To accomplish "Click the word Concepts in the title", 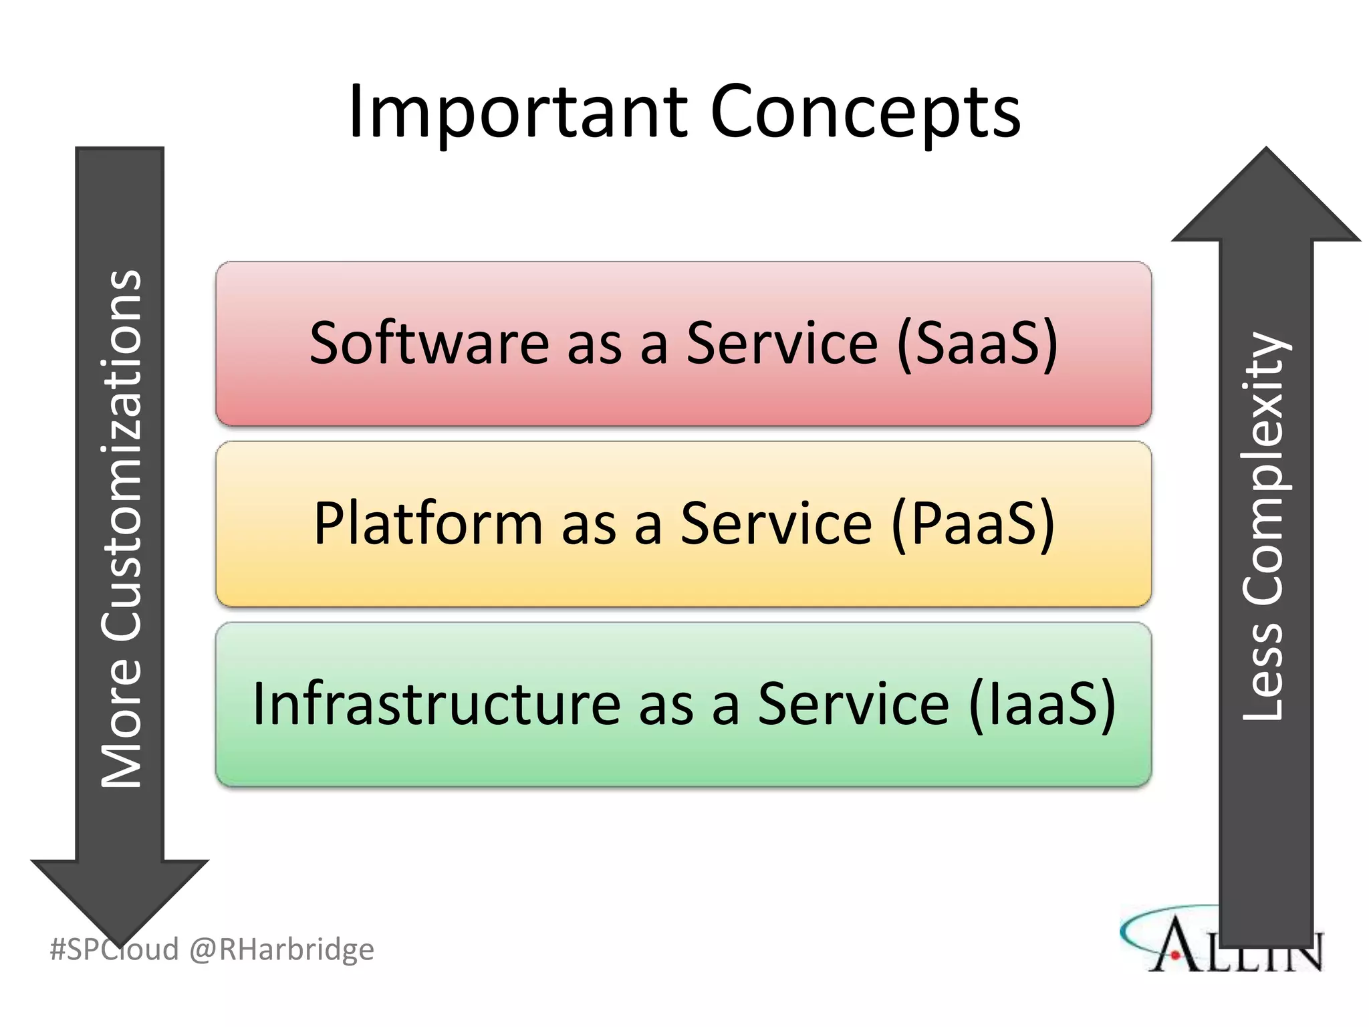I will point(865,112).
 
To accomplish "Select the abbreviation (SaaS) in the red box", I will point(977,344).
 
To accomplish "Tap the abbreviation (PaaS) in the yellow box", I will point(973,524).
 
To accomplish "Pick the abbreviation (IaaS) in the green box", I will point(1043,704).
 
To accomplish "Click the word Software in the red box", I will point(428,344).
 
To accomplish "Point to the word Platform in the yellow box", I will point(428,524).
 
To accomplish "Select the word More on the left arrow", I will point(122,722).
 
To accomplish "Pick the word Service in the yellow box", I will point(776,524).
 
